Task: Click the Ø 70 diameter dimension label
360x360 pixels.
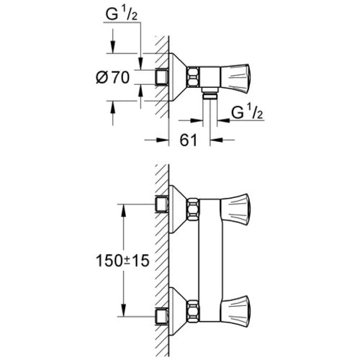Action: [112, 77]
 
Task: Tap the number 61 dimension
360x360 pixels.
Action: [189, 140]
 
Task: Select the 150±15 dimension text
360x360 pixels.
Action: [122, 261]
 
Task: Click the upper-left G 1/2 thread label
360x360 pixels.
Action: [122, 15]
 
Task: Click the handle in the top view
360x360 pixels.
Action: [235, 79]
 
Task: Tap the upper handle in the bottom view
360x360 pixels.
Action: [235, 209]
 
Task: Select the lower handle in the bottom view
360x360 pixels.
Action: [235, 311]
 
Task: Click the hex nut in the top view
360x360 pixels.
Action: [193, 77]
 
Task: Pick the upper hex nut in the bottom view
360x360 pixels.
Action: [193, 209]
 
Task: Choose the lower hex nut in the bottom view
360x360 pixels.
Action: [193, 311]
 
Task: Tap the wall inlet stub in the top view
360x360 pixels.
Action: [162, 77]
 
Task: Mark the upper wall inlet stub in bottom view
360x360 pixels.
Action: [162, 204]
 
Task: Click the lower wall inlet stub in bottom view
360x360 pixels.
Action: [162, 316]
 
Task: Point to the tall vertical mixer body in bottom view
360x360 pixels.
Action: [210, 260]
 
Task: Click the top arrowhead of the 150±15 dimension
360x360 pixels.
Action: [124, 211]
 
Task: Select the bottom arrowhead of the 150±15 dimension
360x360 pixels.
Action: [124, 310]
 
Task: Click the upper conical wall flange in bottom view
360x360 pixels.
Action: [178, 209]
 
